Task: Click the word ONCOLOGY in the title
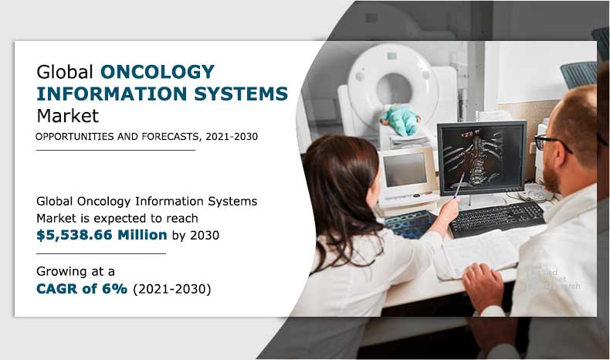pyautogui.click(x=158, y=73)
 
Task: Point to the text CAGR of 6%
pyautogui.click(x=82, y=289)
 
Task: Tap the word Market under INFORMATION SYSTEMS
pyautogui.click(x=68, y=117)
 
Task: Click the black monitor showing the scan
pyautogui.click(x=480, y=158)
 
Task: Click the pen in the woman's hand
pyautogui.click(x=460, y=185)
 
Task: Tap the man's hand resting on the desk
pyautogui.click(x=483, y=284)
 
